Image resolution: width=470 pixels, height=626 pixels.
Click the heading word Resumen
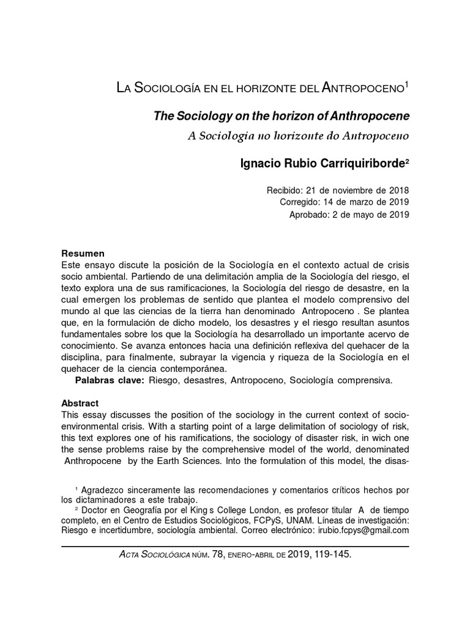click(x=83, y=254)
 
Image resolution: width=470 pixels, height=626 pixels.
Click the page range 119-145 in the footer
click(x=331, y=554)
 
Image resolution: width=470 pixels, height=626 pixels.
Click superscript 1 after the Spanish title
click(x=406, y=85)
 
